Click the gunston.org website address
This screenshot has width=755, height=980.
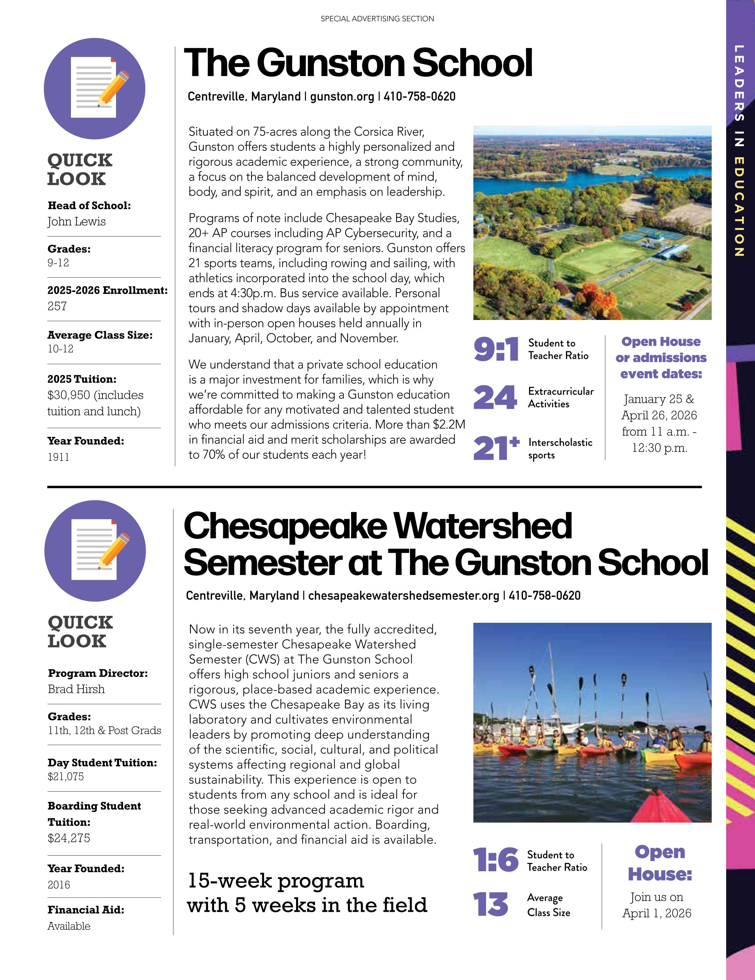tap(342, 96)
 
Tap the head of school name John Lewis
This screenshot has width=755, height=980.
tap(77, 222)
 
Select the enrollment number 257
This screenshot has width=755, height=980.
tap(57, 306)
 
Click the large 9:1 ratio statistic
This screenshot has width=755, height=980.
tap(496, 350)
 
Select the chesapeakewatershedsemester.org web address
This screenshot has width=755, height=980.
tap(404, 595)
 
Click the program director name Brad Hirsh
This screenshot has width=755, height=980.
tap(76, 689)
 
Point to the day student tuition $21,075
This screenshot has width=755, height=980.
tap(66, 777)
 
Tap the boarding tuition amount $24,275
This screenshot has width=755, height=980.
tap(69, 838)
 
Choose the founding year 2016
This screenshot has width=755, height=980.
tap(59, 884)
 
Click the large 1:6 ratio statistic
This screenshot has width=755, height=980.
tap(496, 860)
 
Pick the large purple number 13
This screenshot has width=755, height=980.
tap(491, 905)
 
